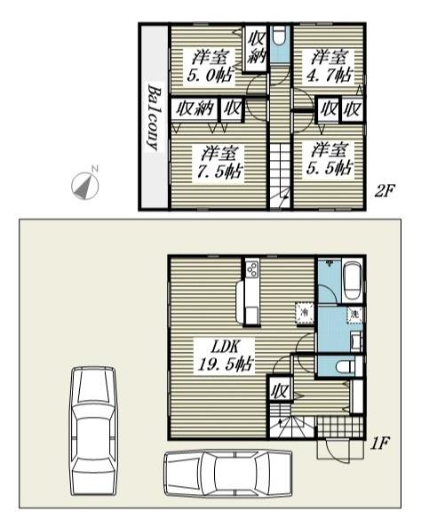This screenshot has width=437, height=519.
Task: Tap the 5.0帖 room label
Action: [211, 66]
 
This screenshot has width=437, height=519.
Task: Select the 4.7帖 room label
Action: [330, 66]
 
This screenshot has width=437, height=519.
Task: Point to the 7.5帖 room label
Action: [219, 162]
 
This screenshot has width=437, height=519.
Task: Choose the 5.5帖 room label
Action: [330, 159]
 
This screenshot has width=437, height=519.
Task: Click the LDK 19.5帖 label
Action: [226, 355]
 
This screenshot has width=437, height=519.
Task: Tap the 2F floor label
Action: [385, 191]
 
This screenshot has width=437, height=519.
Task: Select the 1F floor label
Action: [380, 443]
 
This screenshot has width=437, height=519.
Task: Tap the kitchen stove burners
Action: [252, 269]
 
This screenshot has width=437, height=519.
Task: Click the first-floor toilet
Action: [345, 367]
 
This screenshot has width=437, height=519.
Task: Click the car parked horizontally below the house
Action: [228, 473]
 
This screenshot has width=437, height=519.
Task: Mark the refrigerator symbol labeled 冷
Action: [304, 313]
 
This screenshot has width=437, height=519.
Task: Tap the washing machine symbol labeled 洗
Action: [354, 314]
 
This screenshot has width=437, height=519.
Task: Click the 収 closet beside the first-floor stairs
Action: [280, 391]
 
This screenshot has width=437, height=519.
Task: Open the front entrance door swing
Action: [338, 451]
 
